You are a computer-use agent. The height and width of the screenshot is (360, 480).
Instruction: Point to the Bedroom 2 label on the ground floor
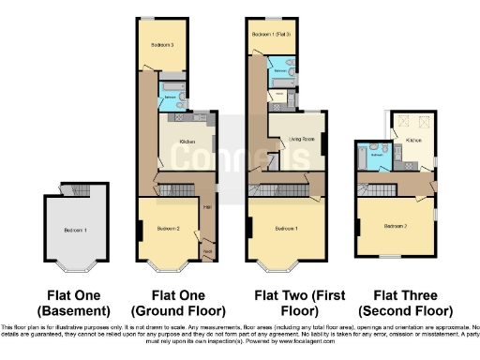pyautogui.click(x=169, y=229)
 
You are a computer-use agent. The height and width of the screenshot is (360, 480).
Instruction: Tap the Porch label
pyautogui.click(x=208, y=251)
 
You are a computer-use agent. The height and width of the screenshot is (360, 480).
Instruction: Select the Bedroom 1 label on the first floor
pyautogui.click(x=286, y=229)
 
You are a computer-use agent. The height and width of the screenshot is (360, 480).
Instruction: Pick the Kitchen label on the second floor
pyautogui.click(x=413, y=140)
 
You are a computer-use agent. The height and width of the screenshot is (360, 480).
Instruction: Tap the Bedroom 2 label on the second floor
pyautogui.click(x=395, y=226)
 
